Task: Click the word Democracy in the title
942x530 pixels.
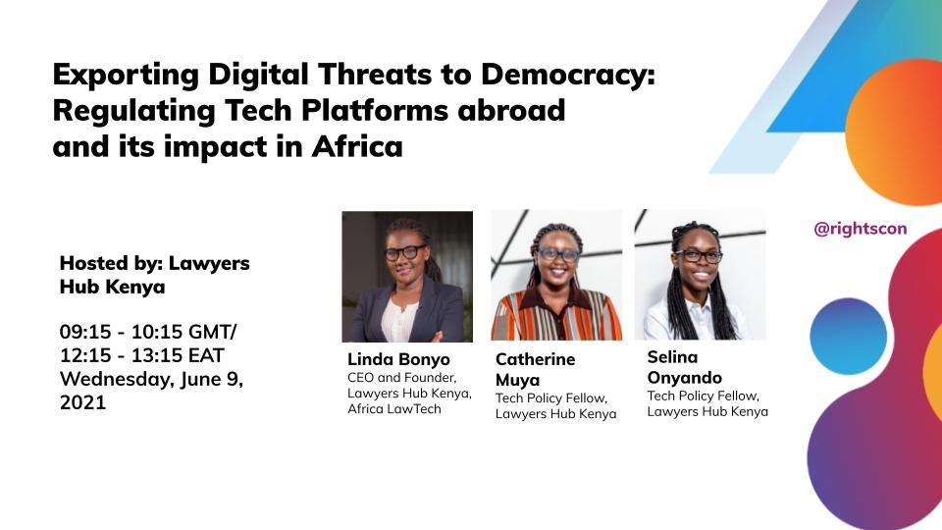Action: [x=567, y=76]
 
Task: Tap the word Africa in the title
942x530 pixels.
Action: [x=357, y=146]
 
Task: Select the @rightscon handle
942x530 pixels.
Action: [x=860, y=229]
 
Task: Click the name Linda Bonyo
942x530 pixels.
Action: [x=398, y=359]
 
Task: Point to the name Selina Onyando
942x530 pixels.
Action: [x=684, y=367]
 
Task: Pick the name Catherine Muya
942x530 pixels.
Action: [x=535, y=370]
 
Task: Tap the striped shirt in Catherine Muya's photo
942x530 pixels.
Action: [x=556, y=315]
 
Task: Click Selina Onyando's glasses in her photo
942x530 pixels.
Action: [x=698, y=256]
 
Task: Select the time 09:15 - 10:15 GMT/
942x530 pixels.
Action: [x=148, y=332]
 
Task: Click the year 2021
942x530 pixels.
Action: [x=82, y=402]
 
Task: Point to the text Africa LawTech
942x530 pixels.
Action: [x=394, y=408]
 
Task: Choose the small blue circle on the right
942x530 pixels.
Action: [x=848, y=336]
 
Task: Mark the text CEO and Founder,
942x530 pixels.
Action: [x=401, y=378]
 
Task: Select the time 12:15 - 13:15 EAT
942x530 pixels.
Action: [x=141, y=355]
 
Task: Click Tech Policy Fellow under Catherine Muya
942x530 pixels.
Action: [x=550, y=398]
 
